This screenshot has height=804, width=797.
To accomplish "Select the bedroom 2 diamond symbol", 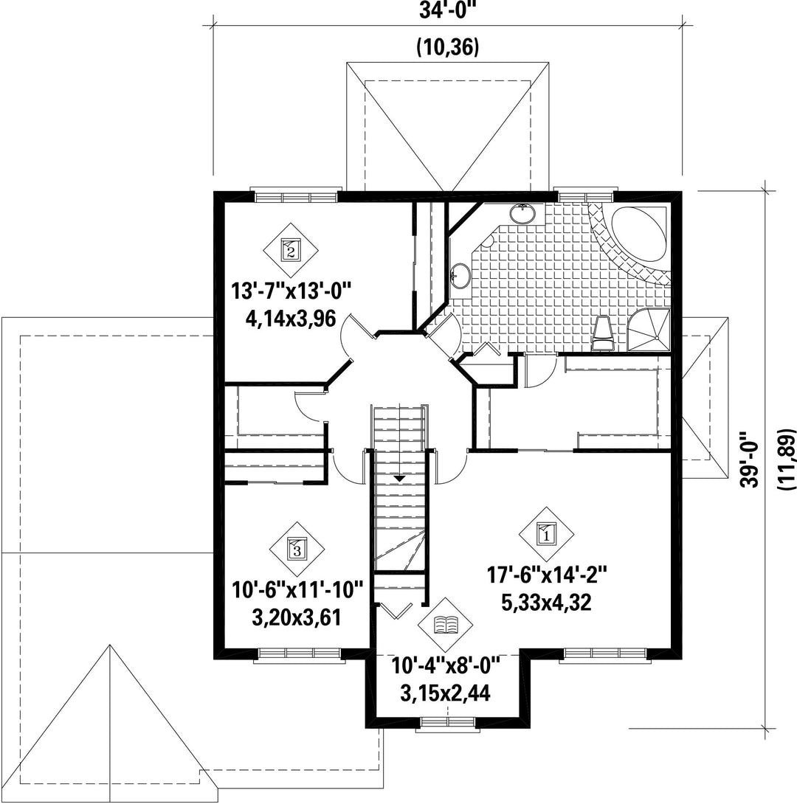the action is tap(290, 250).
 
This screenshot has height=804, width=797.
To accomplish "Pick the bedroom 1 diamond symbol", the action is tap(545, 534).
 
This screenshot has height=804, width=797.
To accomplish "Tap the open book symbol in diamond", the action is tap(446, 625).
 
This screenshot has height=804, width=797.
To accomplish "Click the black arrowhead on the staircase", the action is tap(399, 478).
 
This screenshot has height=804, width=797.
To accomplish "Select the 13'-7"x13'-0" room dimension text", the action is tap(290, 292).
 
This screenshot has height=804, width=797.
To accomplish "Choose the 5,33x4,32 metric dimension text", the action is tap(546, 602).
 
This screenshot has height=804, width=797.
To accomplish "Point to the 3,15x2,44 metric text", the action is tap(445, 693).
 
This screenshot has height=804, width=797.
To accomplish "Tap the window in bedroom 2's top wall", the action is tap(296, 196).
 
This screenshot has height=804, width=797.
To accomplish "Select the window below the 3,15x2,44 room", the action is tap(447, 723).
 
